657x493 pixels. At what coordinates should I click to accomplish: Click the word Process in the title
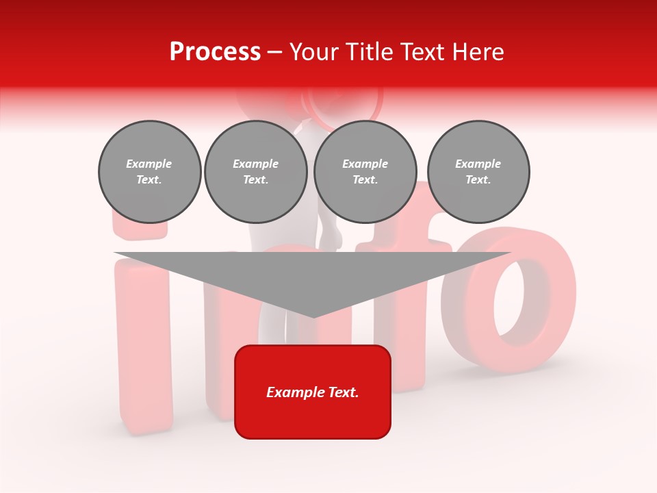(x=215, y=52)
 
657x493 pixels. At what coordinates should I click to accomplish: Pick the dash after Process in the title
(x=274, y=53)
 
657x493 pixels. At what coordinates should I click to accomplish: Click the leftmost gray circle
(x=149, y=172)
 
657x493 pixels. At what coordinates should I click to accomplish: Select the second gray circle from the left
(x=255, y=172)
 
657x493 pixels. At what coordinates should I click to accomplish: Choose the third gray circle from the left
(x=365, y=172)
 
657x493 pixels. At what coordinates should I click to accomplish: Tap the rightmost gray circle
(x=478, y=172)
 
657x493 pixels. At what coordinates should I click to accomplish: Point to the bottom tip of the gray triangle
(x=313, y=316)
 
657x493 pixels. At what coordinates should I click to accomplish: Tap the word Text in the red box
(x=344, y=392)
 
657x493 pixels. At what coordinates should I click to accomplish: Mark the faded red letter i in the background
(x=142, y=342)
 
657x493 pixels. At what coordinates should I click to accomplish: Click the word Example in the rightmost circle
(x=478, y=164)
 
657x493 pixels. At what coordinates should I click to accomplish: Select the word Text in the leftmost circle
(x=149, y=180)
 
